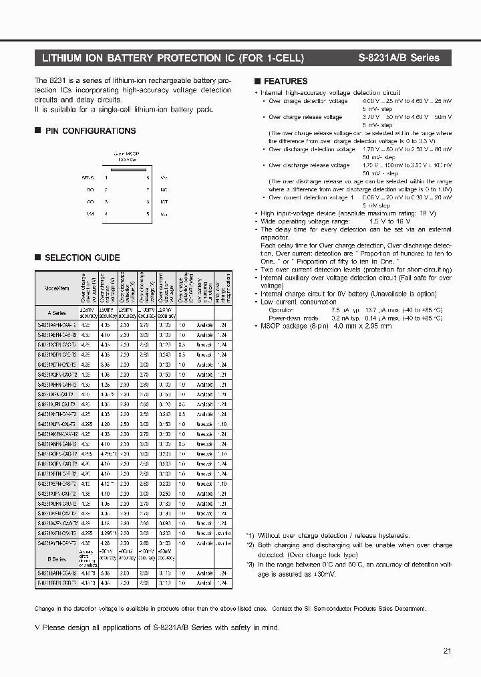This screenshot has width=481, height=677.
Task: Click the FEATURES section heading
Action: point(285,82)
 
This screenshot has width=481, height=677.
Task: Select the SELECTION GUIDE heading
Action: point(82,258)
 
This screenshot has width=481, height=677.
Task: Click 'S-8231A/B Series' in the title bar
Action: point(405,58)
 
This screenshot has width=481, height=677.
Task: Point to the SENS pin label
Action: point(88,178)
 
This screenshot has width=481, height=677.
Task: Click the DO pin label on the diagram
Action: point(90,190)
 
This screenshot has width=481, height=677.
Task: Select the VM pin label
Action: point(90,213)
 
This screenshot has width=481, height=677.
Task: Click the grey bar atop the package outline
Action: point(126,170)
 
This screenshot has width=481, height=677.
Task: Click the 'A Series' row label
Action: point(57,312)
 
